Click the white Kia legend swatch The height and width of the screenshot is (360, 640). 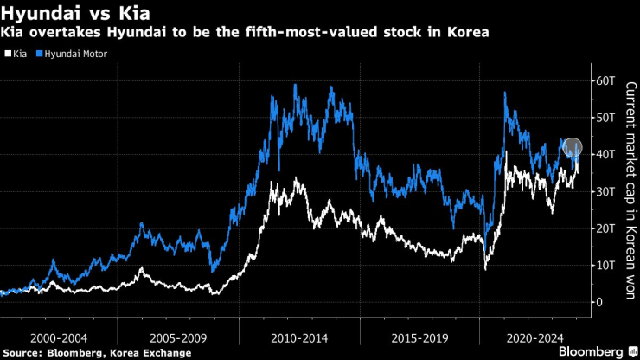coord(8,54)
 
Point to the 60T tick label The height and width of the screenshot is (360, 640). coord(603,80)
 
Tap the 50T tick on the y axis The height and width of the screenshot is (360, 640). coord(603,117)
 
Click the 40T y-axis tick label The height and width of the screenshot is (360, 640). coord(603,154)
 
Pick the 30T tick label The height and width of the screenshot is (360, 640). coord(603,191)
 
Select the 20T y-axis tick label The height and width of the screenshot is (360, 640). coord(603,228)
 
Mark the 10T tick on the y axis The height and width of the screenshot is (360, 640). coord(603,265)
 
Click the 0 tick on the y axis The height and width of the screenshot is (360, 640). coord(597,302)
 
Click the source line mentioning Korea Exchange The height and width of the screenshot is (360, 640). coord(98,352)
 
